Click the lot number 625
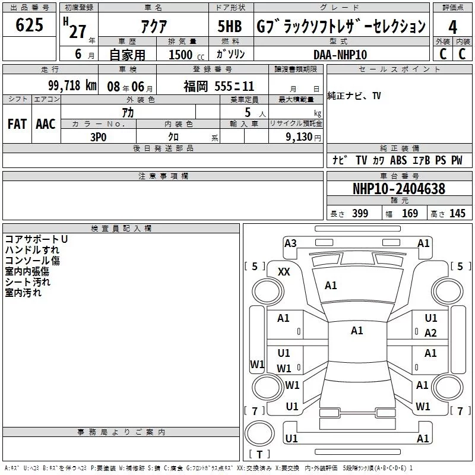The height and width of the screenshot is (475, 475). tap(29, 24)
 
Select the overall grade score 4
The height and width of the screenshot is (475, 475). tap(452, 27)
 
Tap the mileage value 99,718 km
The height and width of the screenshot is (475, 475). tap(72, 85)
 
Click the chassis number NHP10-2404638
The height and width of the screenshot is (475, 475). tap(399, 189)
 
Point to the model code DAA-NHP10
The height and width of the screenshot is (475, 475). tap(340, 55)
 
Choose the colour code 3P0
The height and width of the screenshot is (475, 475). tap(99, 137)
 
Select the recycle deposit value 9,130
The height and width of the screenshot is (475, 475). tap(299, 137)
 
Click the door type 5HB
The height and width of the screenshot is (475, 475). tap(230, 26)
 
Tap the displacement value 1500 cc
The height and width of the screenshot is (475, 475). tap(186, 55)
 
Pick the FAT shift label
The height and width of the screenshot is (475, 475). tap(17, 124)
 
